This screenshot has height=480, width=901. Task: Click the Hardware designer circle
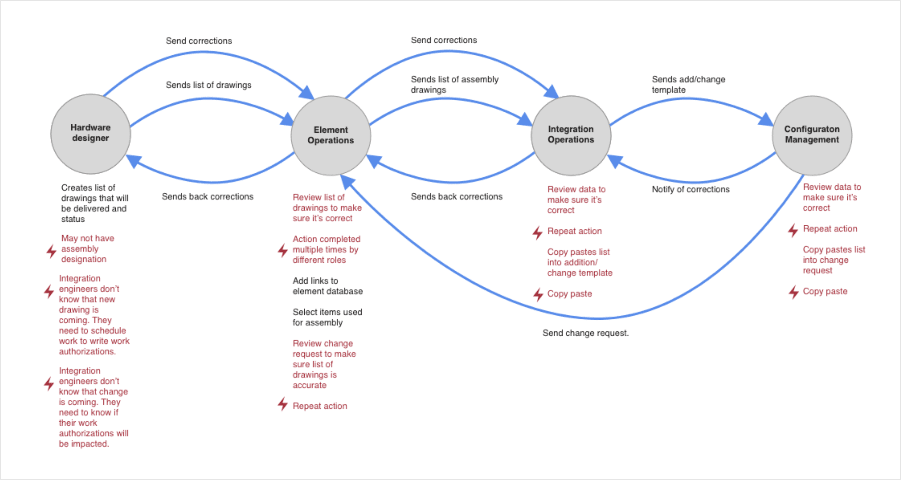pos(91,134)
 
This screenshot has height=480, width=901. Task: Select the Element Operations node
pos(331,135)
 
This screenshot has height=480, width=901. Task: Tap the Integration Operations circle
pos(571,135)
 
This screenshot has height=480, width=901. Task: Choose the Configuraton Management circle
pos(812,135)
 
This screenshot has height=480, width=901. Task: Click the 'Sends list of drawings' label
pos(208,85)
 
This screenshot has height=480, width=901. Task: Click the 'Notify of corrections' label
pos(691,189)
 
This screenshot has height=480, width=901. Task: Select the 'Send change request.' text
pos(585,333)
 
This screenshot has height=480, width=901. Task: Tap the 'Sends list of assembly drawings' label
pos(454,85)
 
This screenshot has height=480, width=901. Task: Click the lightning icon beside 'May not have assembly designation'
pos(51,251)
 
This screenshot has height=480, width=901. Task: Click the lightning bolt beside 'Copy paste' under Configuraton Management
pos(794,292)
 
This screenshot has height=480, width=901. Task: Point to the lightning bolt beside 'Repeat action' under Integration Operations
pos(538,232)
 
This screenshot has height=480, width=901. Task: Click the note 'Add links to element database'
pos(327,286)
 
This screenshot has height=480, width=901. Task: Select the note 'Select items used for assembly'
pos(327,317)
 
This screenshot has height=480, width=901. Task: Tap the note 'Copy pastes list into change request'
pos(833,260)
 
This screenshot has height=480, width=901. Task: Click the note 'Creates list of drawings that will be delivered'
pos(94,203)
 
